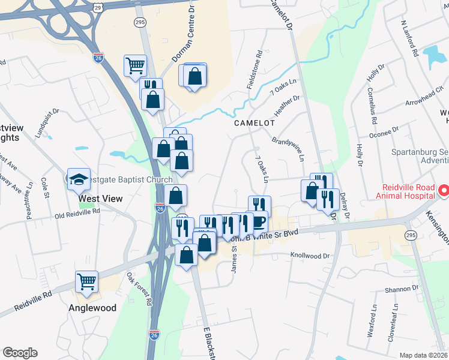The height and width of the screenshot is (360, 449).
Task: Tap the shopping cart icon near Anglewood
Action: [87, 281]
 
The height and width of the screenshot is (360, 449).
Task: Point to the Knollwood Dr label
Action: [310, 256]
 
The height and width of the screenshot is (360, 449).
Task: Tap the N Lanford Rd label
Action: [409, 38]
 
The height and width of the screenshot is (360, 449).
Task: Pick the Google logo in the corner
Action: [20, 353]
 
